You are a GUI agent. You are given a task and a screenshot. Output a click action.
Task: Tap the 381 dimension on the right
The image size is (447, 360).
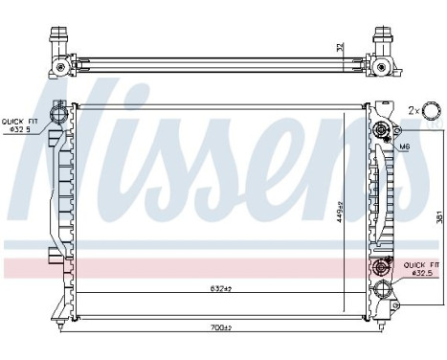point(439,217)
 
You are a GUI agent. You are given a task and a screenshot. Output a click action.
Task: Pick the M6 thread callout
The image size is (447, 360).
point(405,146)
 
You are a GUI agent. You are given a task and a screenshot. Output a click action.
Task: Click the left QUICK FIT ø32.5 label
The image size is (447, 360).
point(17,124)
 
